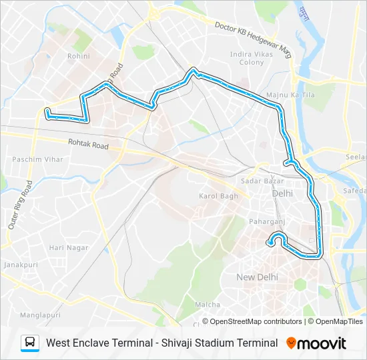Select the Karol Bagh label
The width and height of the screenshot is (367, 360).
tap(218, 196)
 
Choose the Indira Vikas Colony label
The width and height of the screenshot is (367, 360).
tap(247, 58)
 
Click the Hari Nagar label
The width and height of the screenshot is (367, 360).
tap(69, 247)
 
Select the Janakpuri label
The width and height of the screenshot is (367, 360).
tap(19, 265)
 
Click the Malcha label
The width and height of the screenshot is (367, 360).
tap(207, 305)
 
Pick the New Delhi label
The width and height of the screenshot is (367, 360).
tap(257, 277)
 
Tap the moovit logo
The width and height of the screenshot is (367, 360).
tap(316, 343)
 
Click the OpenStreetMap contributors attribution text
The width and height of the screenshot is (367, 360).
tap(252, 321)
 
